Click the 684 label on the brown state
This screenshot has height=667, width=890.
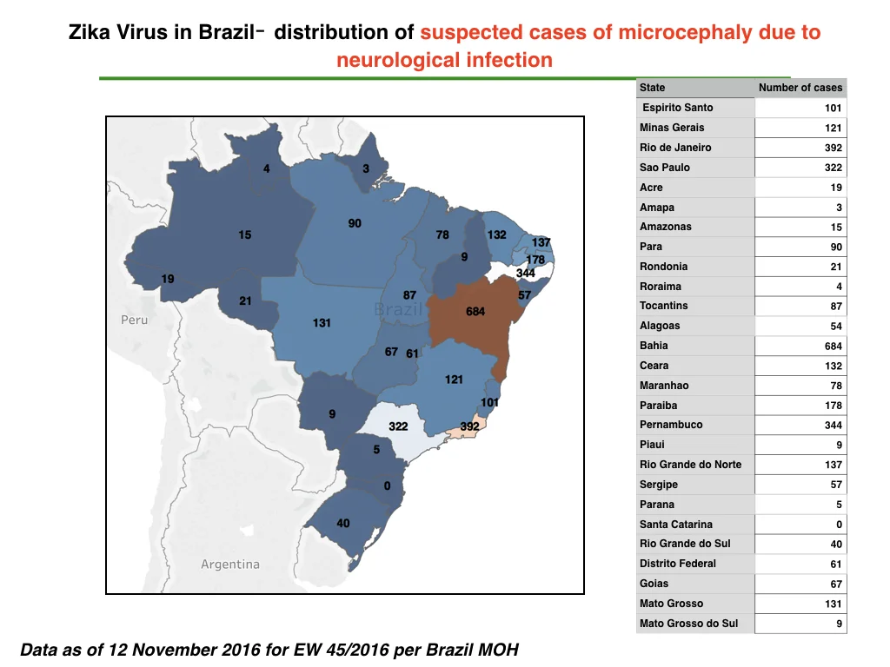(475, 312)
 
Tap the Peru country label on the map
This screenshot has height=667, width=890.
(135, 320)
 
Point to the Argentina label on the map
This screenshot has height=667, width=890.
(229, 565)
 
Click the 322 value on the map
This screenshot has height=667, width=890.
(398, 426)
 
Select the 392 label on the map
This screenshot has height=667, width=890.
(469, 426)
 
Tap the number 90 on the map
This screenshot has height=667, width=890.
(355, 223)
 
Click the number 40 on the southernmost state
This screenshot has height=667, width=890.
(342, 524)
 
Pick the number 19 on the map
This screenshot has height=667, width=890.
(168, 279)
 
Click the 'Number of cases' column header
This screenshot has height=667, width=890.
(800, 88)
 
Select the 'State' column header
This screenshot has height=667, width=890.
(652, 88)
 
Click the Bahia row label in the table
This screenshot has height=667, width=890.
(654, 346)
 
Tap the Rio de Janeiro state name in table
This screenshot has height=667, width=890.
(675, 148)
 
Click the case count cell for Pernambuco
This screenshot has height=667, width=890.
(800, 425)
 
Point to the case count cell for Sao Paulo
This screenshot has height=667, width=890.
(800, 168)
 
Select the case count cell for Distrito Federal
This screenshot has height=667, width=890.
(800, 564)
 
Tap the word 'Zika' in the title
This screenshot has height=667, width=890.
(90, 32)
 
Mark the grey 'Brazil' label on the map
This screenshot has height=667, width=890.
(398, 309)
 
